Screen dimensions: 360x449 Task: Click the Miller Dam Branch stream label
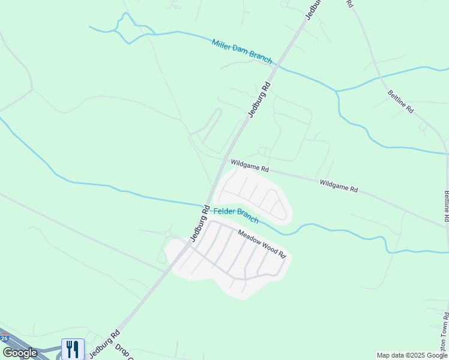tap(242, 52)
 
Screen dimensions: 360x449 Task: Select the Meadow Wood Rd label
tap(262, 243)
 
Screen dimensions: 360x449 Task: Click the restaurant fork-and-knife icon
tap(73, 349)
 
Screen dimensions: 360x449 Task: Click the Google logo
tap(20, 353)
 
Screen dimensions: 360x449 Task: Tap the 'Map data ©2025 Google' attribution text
tap(412, 355)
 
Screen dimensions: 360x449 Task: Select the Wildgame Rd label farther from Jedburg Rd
tap(339, 185)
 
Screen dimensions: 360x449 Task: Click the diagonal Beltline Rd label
tap(400, 101)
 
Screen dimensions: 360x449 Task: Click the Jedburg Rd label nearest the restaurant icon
tap(106, 344)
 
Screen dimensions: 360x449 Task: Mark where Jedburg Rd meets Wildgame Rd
tap(229, 158)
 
